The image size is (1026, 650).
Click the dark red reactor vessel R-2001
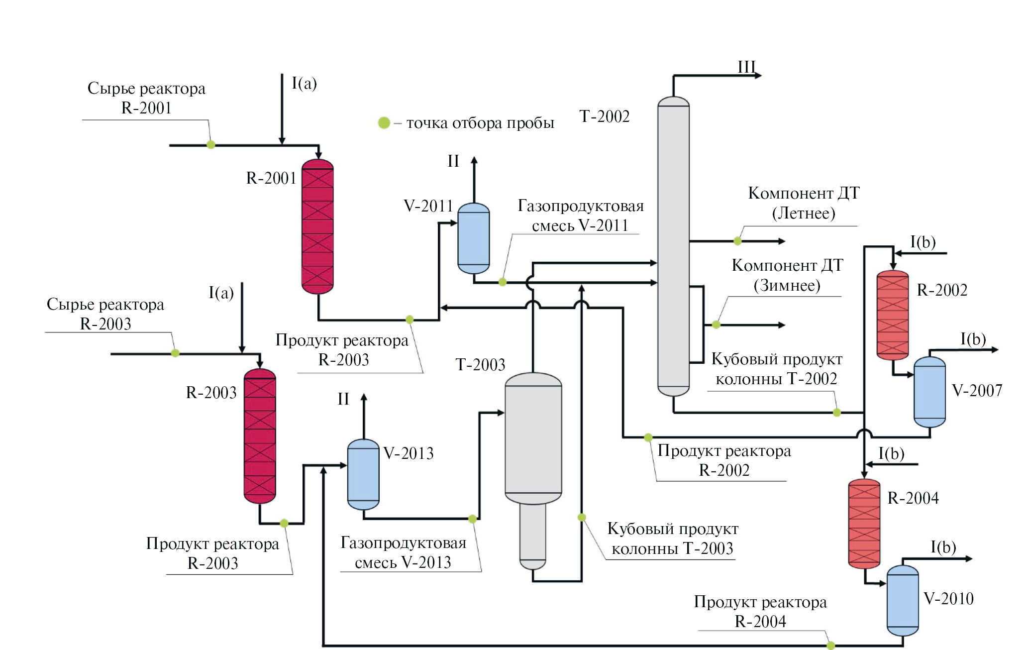[317, 226]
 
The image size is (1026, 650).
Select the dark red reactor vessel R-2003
[260, 436]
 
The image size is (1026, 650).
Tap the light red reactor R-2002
[893, 315]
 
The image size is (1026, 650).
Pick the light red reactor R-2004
[864, 524]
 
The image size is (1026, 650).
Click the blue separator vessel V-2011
[473, 238]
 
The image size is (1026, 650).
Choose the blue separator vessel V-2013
[363, 474]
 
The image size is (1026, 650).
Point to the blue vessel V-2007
[929, 392]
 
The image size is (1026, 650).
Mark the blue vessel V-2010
[903, 601]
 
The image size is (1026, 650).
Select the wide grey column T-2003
[533, 438]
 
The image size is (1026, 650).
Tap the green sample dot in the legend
[384, 122]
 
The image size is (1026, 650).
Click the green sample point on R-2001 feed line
[211, 145]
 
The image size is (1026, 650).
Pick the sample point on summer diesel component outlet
[737, 241]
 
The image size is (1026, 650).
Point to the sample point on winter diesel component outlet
[716, 325]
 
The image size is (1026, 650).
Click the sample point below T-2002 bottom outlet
[837, 413]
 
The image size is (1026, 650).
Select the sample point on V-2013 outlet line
[472, 519]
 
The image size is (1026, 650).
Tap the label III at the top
[746, 67]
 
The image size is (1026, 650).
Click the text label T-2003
[480, 365]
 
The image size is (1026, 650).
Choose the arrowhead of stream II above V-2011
[474, 160]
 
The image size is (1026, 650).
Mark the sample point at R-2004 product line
[831, 646]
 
